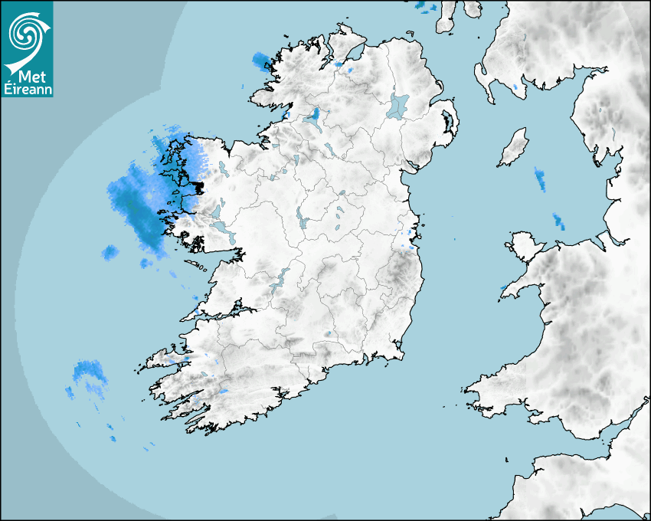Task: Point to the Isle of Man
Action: tap(514, 147)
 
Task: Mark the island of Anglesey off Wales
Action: tap(524, 245)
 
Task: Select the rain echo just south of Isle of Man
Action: tap(540, 179)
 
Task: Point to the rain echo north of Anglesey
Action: tap(558, 221)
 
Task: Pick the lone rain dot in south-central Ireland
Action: tap(328, 333)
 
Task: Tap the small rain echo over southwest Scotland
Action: tap(516, 87)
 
